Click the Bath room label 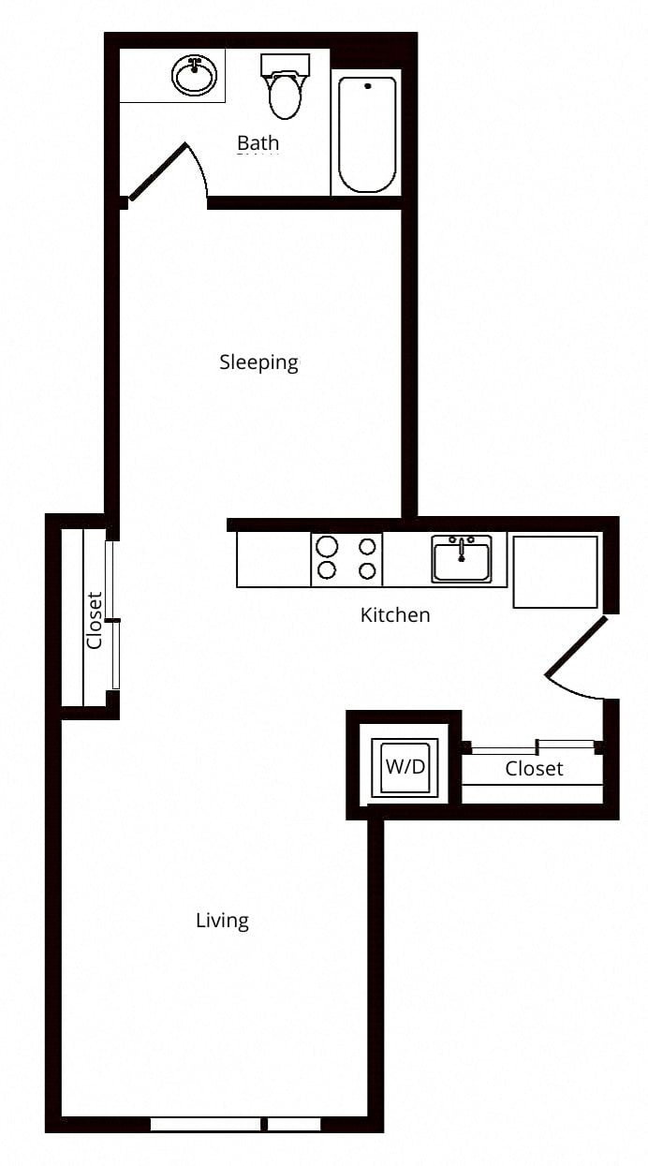tap(258, 142)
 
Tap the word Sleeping tap(258, 362)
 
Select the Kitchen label tap(395, 614)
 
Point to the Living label tap(222, 921)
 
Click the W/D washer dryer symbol tap(405, 767)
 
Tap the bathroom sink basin tap(194, 77)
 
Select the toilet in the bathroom tap(285, 86)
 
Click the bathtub tap(367, 134)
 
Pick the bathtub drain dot tap(368, 86)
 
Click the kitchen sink tap(462, 559)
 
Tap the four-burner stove tap(346, 559)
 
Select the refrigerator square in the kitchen tap(555, 571)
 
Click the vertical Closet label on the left tap(95, 620)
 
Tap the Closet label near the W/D tap(534, 769)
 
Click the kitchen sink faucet tap(461, 549)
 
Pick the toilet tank tap(286, 65)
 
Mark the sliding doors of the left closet tap(113, 616)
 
